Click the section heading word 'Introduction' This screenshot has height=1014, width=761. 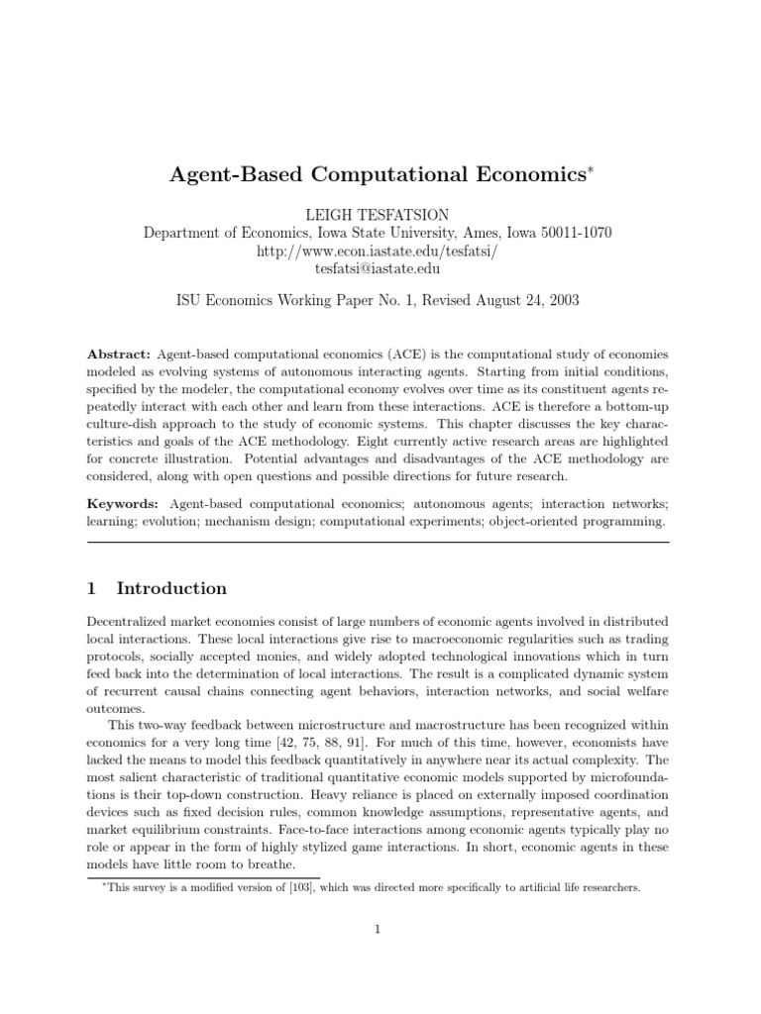(171, 588)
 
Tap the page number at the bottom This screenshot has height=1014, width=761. (379, 928)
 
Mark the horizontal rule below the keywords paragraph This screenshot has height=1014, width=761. (379, 542)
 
